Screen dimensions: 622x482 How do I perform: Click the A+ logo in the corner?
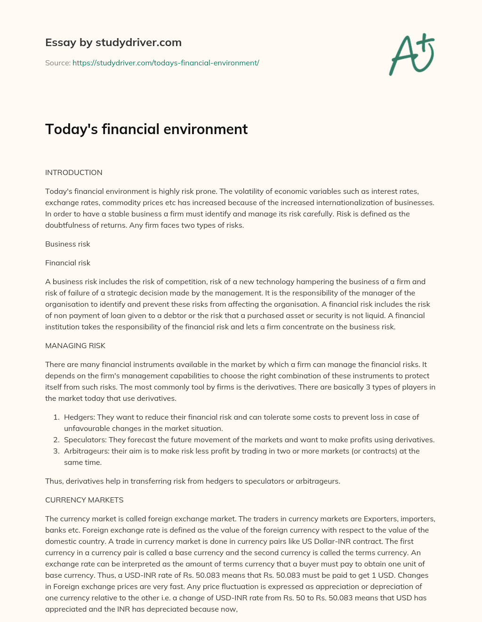point(412,54)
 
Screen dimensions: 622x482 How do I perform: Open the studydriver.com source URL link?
point(166,63)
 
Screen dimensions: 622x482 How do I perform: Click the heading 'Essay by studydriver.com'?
point(113,42)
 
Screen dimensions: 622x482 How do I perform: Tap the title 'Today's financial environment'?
point(146,129)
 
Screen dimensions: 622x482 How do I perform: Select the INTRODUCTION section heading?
point(73,173)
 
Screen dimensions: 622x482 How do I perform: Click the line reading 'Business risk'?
point(67,244)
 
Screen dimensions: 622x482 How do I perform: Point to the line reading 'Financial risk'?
point(67,263)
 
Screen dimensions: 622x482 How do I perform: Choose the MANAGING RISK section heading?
point(75,346)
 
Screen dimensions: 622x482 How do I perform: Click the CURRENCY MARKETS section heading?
point(84,500)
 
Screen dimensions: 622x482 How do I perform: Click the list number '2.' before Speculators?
point(56,440)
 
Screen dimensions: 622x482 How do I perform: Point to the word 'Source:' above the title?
point(57,63)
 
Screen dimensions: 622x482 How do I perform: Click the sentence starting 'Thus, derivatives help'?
point(192,481)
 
